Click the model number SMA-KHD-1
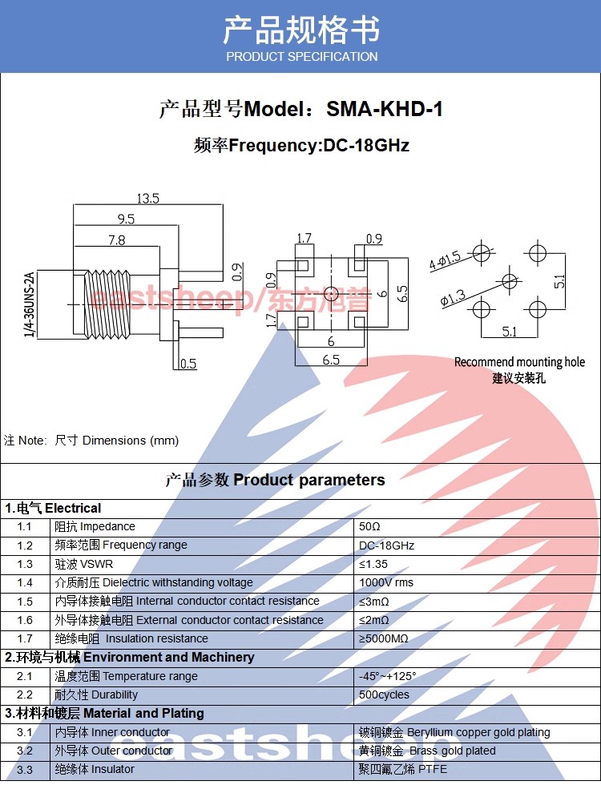click(385, 109)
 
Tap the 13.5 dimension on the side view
click(147, 198)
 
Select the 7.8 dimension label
click(116, 240)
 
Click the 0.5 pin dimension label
click(188, 364)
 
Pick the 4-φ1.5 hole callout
click(445, 260)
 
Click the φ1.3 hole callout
click(454, 299)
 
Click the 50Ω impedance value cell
click(369, 527)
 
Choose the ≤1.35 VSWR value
click(374, 564)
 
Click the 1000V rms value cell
click(386, 582)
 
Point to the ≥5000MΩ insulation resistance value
click(384, 638)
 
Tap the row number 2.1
click(25, 676)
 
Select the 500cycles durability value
click(384, 694)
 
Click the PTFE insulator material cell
click(403, 769)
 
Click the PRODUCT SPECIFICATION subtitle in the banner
click(301, 57)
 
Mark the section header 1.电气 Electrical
click(53, 508)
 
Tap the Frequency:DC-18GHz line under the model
click(301, 146)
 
